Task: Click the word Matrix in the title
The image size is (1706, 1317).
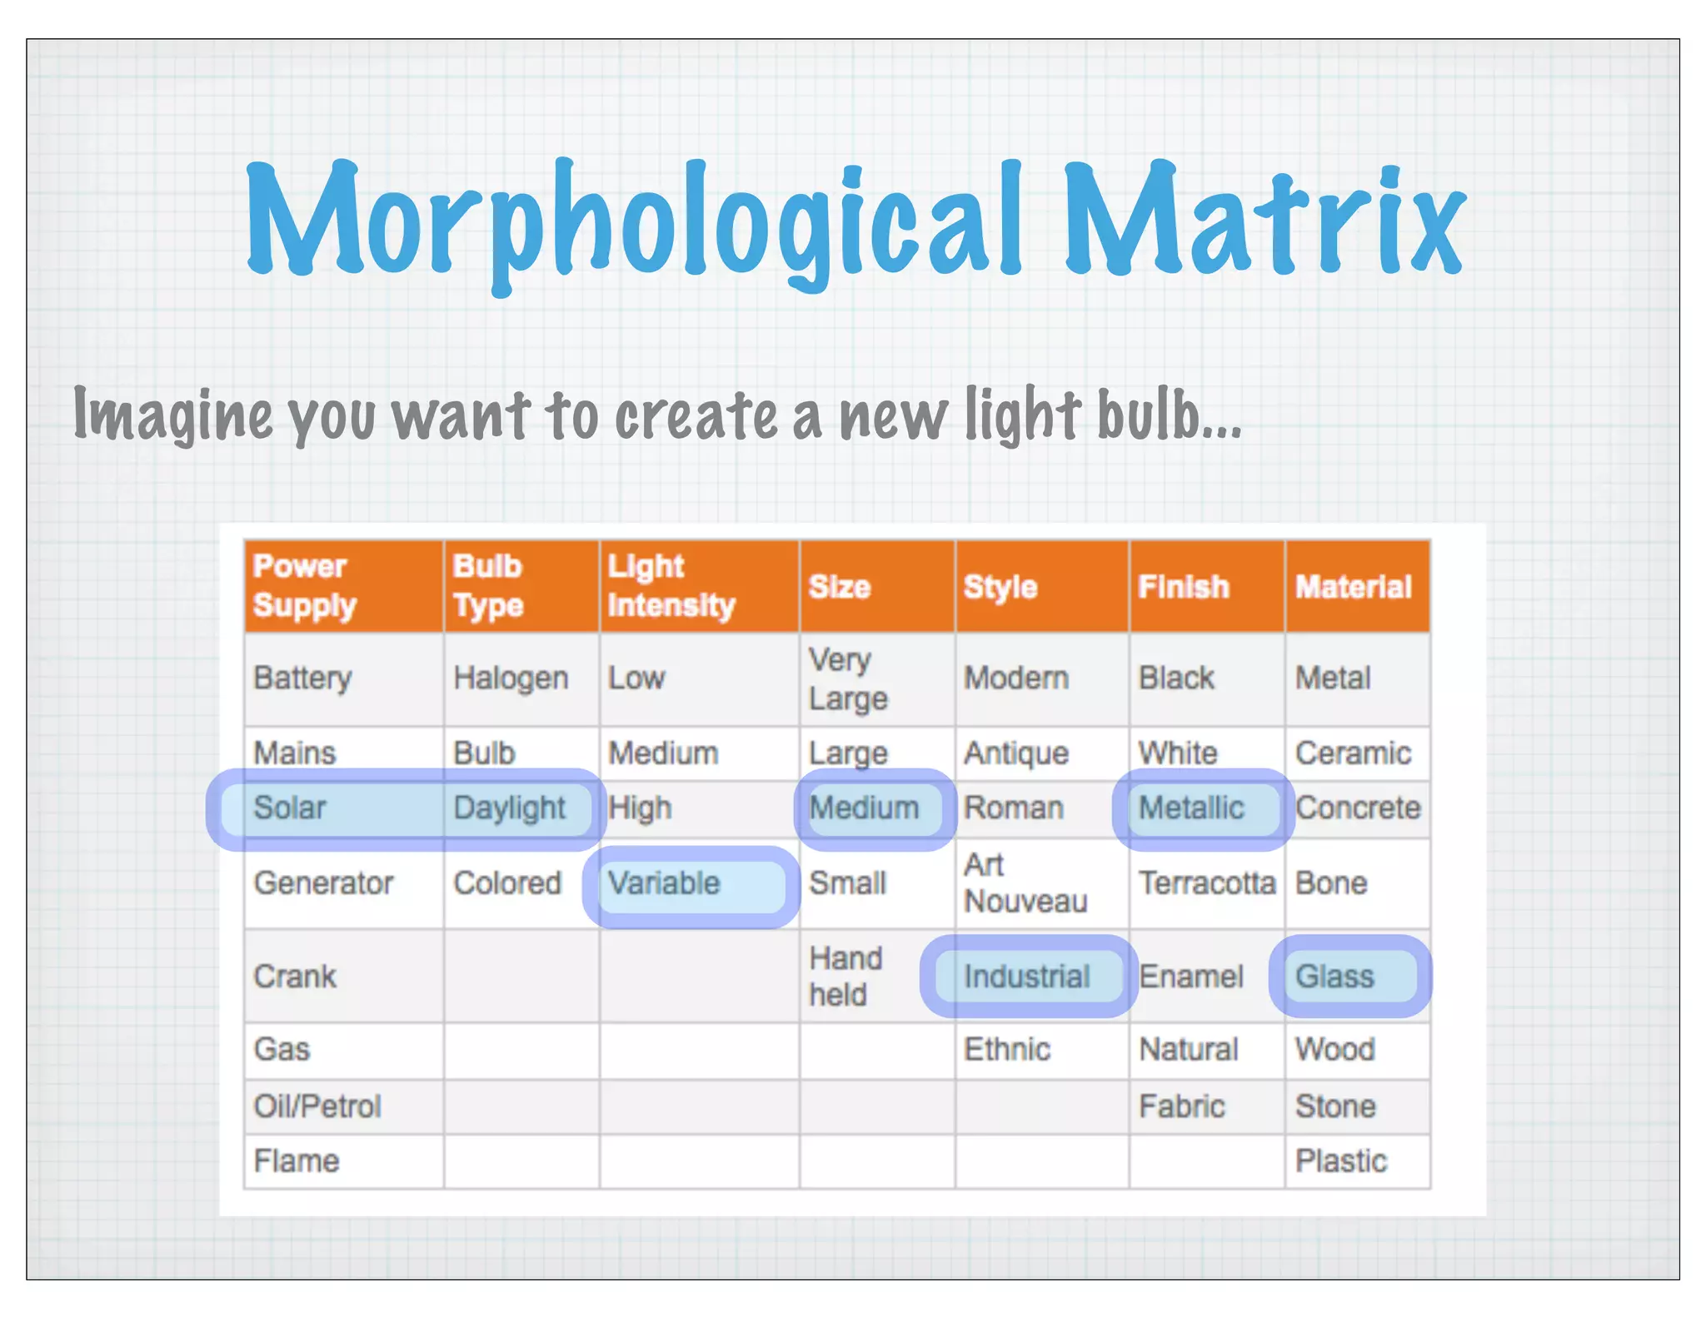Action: click(1265, 218)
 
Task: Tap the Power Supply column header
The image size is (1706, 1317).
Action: click(305, 585)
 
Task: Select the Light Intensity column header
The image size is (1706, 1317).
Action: click(671, 585)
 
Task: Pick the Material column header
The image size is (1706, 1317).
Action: click(1353, 587)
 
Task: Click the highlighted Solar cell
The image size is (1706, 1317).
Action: click(290, 808)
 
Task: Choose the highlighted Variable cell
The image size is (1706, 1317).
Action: click(664, 883)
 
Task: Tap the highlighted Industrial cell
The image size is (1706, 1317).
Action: click(1026, 977)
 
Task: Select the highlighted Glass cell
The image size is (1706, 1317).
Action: click(1334, 977)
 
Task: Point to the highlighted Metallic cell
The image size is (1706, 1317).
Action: click(1191, 808)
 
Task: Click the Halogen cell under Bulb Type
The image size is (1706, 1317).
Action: click(511, 678)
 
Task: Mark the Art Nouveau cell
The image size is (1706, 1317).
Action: click(1025, 883)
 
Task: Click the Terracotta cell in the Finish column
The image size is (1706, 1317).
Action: click(1207, 883)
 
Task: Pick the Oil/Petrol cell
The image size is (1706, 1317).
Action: click(317, 1106)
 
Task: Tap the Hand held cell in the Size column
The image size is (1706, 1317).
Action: click(846, 977)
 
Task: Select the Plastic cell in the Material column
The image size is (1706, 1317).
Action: click(1340, 1161)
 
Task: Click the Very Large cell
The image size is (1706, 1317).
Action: click(848, 678)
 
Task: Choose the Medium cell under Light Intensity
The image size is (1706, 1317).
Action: click(663, 753)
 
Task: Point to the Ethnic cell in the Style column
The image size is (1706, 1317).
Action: click(1007, 1050)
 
